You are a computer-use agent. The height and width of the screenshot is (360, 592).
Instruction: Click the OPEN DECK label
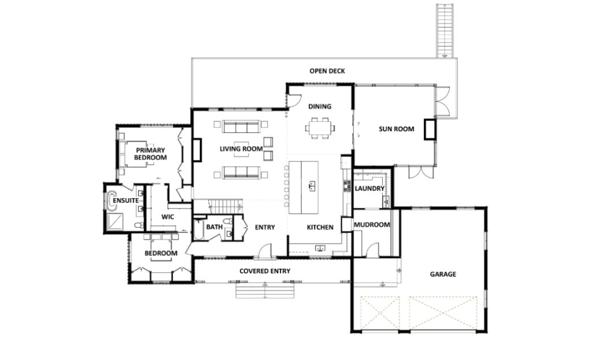327,71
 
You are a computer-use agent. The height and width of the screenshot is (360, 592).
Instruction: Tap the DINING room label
319,106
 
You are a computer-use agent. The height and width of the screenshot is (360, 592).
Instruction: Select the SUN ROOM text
396,129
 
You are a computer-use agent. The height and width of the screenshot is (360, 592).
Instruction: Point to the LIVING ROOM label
241,149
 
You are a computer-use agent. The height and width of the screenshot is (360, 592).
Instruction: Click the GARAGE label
442,274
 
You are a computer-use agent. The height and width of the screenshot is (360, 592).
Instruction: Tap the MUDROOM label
372,225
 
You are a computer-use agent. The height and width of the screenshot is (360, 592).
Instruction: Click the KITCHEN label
319,227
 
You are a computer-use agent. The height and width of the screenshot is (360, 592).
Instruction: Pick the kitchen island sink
311,186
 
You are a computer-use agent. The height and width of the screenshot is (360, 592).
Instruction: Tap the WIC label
168,217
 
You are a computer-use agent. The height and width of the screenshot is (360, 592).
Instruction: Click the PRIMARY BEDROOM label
151,153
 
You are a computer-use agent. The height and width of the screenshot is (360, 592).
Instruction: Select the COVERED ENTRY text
265,271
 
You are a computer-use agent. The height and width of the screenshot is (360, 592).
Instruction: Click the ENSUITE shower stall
114,221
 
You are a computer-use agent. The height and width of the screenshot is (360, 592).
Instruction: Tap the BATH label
214,227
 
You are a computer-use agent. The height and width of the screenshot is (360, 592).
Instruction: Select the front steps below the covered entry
265,290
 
